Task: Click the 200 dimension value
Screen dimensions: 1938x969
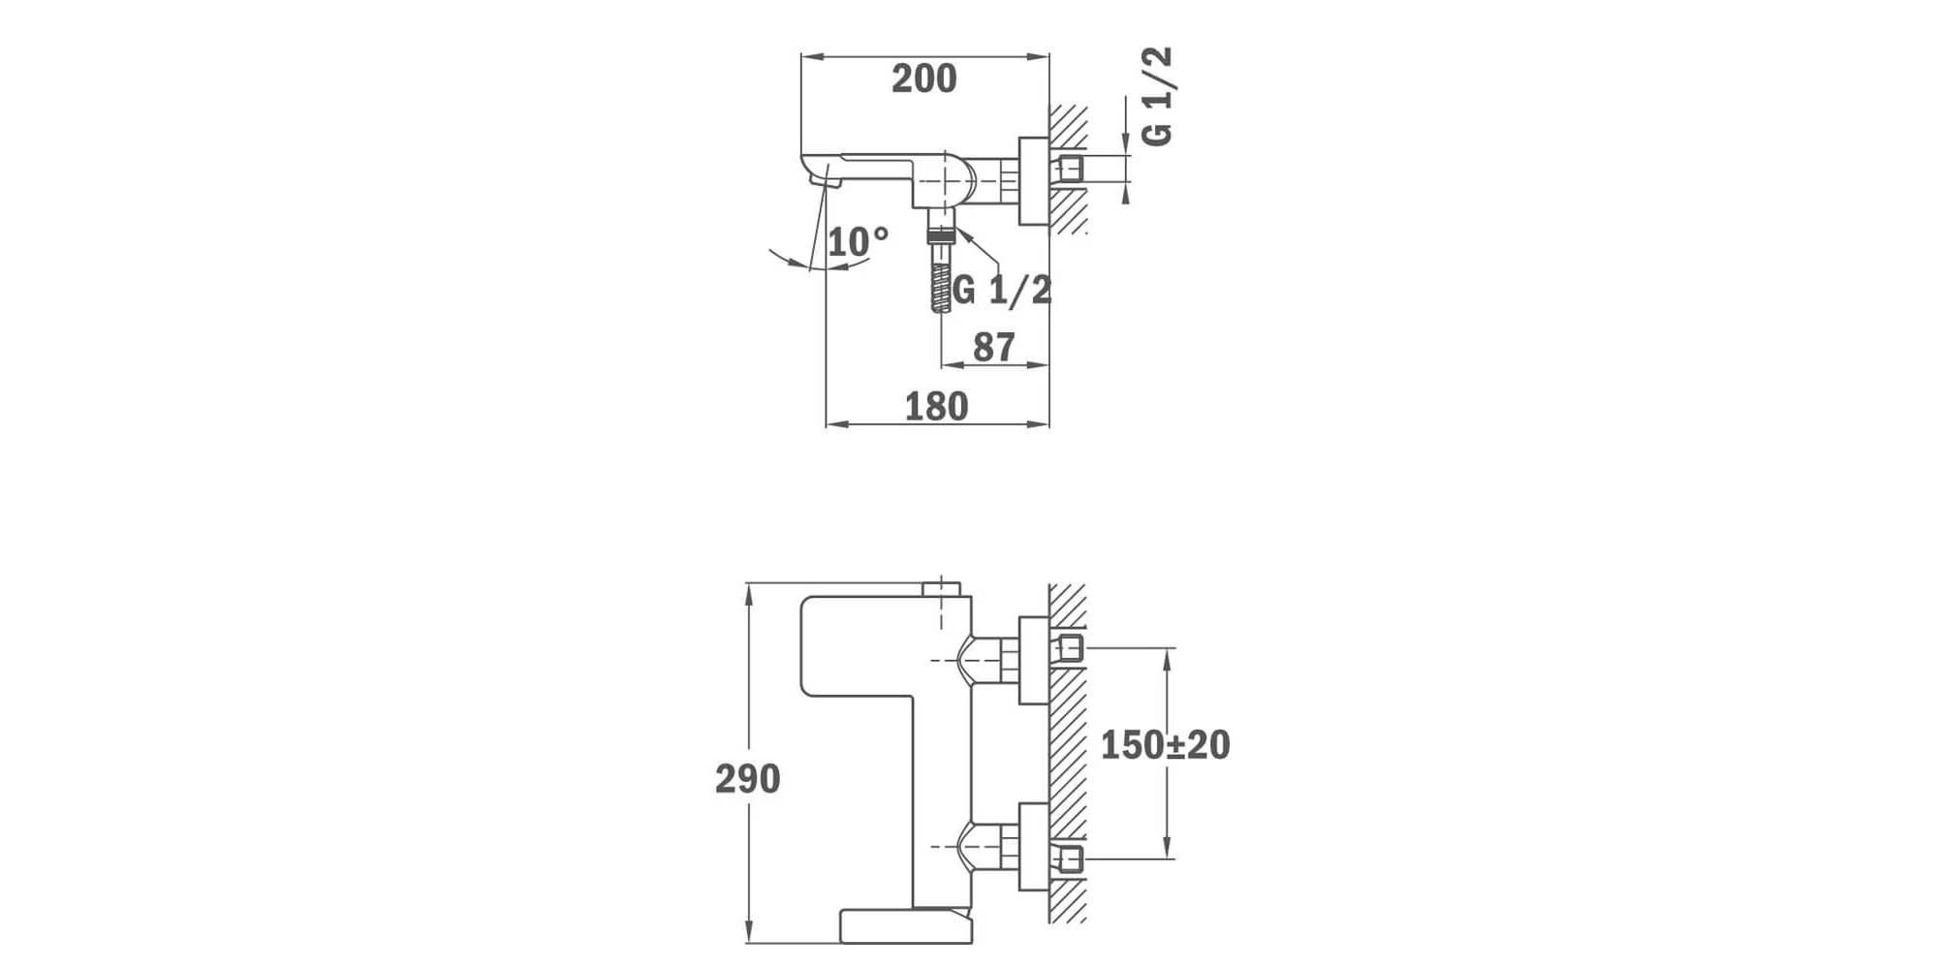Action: (x=924, y=79)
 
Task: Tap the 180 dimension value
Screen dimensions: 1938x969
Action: (x=936, y=407)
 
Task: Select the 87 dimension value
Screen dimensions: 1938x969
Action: (x=994, y=347)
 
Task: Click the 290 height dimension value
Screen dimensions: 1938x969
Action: (x=747, y=779)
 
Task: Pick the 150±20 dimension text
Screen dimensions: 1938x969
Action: (x=1165, y=745)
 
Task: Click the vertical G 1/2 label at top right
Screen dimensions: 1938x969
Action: (x=1157, y=97)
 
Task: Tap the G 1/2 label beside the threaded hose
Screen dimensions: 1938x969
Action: (x=1002, y=290)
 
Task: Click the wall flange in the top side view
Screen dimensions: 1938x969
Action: (x=1034, y=181)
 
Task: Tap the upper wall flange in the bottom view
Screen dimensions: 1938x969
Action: (x=1034, y=660)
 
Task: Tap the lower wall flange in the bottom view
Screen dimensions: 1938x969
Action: (x=1034, y=847)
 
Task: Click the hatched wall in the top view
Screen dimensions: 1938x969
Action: (x=1068, y=170)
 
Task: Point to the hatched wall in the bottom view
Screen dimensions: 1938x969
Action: (x=1068, y=753)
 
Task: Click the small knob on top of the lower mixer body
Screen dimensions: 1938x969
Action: (x=941, y=589)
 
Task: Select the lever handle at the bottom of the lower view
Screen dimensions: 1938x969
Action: (x=905, y=925)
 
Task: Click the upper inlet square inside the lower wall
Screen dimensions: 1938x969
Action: (x=1070, y=648)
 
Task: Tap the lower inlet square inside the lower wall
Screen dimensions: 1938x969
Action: (x=1070, y=859)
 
